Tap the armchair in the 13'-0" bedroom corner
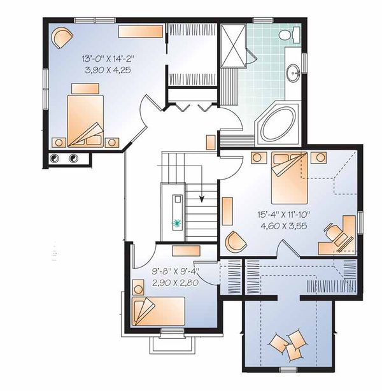pos(62,38)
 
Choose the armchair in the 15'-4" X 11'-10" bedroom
pos(236,241)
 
